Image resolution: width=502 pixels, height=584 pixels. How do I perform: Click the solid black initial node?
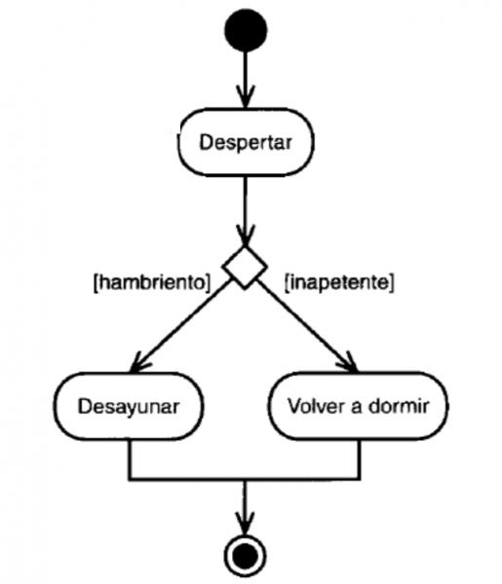(246, 30)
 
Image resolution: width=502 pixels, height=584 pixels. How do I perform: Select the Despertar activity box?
(246, 142)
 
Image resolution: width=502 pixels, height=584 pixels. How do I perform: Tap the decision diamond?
(245, 267)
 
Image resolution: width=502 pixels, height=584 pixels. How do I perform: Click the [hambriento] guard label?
(152, 282)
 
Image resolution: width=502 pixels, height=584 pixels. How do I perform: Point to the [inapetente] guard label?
(339, 282)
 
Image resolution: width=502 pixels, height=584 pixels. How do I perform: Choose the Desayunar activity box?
(129, 406)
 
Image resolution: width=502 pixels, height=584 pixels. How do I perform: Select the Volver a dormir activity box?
(358, 406)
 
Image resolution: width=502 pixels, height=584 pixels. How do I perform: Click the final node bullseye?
(245, 556)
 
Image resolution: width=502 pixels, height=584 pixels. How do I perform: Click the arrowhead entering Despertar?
(245, 96)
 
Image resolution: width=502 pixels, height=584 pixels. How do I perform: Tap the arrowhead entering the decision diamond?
(245, 235)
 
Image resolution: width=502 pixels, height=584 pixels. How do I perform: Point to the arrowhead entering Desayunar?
(138, 362)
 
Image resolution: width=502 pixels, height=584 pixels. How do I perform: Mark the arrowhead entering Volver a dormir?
(348, 362)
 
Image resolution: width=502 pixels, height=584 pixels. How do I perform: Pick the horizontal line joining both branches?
(245, 479)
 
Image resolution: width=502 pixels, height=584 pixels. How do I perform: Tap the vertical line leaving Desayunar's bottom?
(130, 459)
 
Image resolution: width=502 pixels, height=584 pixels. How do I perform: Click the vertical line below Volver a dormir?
(359, 459)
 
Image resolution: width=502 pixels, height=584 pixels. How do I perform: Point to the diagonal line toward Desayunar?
(180, 325)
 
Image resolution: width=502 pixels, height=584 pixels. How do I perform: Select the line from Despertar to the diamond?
(245, 211)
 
